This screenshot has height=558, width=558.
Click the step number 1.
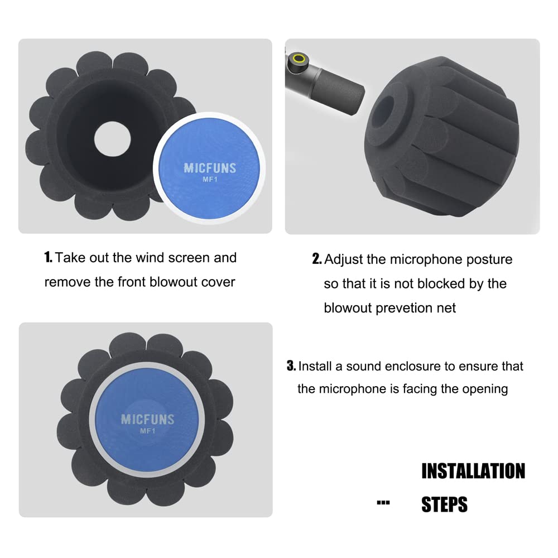(49, 258)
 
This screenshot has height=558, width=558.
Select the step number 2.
(316, 259)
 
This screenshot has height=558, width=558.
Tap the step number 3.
(291, 367)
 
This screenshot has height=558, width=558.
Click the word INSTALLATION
(473, 471)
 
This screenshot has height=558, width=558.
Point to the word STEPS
(444, 504)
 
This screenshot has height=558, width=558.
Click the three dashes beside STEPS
(383, 503)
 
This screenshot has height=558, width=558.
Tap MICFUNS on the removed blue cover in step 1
(210, 168)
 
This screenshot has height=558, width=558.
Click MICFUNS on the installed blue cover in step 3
(147, 420)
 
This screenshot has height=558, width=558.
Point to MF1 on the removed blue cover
(210, 180)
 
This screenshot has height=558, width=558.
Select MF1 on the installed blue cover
(147, 431)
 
